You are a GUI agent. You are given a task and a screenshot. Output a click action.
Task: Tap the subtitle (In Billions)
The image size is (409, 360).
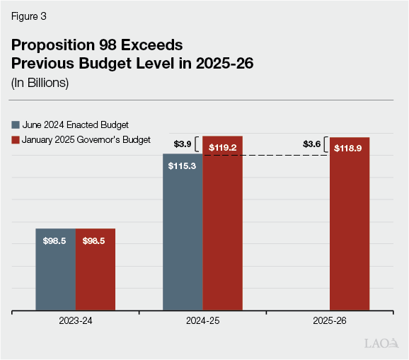40,82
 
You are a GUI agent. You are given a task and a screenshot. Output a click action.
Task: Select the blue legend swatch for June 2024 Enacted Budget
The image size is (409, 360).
16,124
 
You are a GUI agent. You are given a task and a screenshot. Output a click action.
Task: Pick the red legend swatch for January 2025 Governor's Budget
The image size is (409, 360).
16,140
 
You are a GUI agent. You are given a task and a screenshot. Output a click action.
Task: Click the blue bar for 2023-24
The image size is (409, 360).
55,269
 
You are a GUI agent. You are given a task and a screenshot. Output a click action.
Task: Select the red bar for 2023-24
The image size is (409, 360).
96,269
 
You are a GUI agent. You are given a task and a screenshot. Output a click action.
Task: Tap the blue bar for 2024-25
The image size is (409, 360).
183,233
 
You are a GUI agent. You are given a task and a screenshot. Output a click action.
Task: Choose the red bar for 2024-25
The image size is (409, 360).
223,226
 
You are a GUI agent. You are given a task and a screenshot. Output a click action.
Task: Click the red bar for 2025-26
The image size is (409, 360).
350,226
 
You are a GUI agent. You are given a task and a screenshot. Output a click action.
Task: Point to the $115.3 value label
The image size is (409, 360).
183,166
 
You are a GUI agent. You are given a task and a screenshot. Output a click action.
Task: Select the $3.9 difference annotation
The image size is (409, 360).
183,144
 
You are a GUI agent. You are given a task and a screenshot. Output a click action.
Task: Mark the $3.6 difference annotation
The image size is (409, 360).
312,144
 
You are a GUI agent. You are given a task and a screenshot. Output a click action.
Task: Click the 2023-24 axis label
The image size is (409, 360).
76,321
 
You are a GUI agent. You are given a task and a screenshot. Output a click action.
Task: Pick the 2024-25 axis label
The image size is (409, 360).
203,321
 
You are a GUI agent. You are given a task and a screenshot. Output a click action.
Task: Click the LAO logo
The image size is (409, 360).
380,344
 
